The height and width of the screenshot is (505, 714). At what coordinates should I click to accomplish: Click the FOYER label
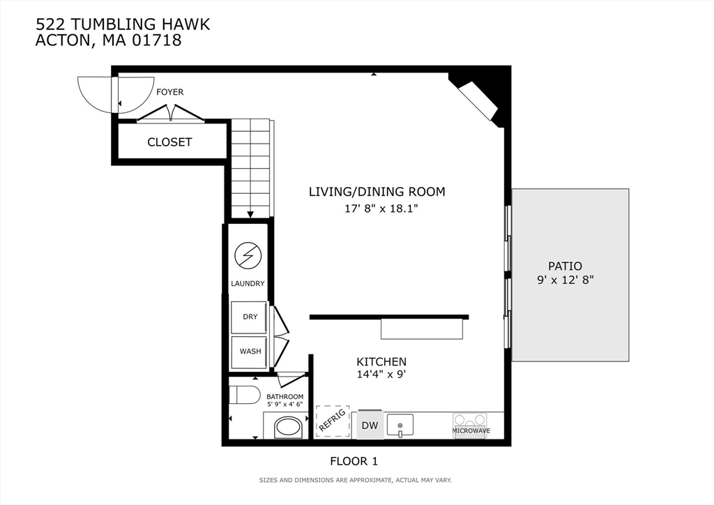click(169, 92)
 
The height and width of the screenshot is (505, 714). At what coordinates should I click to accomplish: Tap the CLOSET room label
click(169, 142)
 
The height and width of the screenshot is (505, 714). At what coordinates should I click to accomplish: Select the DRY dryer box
click(249, 317)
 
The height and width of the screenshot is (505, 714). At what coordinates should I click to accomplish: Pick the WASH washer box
click(250, 351)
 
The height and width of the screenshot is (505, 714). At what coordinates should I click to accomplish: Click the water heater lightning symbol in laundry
click(247, 255)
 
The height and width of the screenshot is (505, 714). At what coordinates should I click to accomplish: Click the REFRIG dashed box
click(332, 421)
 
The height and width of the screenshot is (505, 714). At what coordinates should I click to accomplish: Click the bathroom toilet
click(244, 394)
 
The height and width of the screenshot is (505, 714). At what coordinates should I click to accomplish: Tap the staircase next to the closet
click(250, 167)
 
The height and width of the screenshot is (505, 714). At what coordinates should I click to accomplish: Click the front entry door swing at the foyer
click(98, 95)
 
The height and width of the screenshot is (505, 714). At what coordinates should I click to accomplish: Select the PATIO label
click(565, 266)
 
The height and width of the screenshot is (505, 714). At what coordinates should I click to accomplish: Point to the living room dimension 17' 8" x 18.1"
click(377, 208)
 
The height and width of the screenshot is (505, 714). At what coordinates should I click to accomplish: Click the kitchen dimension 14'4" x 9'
click(381, 375)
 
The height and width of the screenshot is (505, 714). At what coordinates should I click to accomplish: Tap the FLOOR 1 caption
click(354, 461)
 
